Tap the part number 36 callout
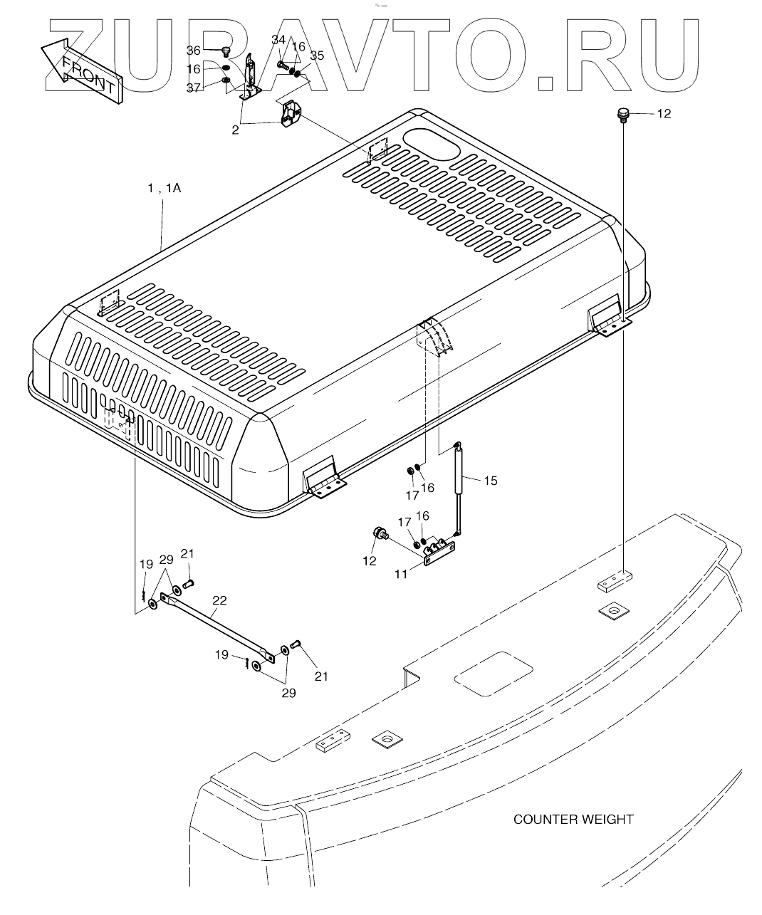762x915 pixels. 194,51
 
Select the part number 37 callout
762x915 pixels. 194,88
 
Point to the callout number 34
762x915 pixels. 278,40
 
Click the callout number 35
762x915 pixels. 317,56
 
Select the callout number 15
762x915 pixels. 490,481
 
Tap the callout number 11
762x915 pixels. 402,574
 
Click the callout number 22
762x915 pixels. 219,600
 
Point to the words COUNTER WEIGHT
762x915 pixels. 573,819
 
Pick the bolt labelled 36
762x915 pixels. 225,51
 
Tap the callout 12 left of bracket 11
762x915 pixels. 370,561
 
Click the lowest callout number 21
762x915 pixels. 321,676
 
